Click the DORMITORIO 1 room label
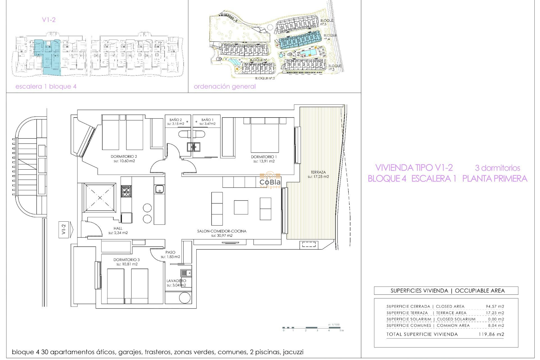264,157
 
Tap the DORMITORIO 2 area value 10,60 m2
124,161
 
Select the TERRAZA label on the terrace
318,172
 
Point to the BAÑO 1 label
207,120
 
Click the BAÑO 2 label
175,120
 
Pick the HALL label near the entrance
118,228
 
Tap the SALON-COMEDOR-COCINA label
222,231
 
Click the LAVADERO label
176,281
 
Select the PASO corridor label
170,252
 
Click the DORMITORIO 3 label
127,260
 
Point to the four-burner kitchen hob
126,191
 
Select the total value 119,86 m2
491,334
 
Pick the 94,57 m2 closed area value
495,306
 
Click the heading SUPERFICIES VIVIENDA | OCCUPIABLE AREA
447,291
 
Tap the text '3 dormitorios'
497,168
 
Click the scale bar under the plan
312,328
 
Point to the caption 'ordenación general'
225,86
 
